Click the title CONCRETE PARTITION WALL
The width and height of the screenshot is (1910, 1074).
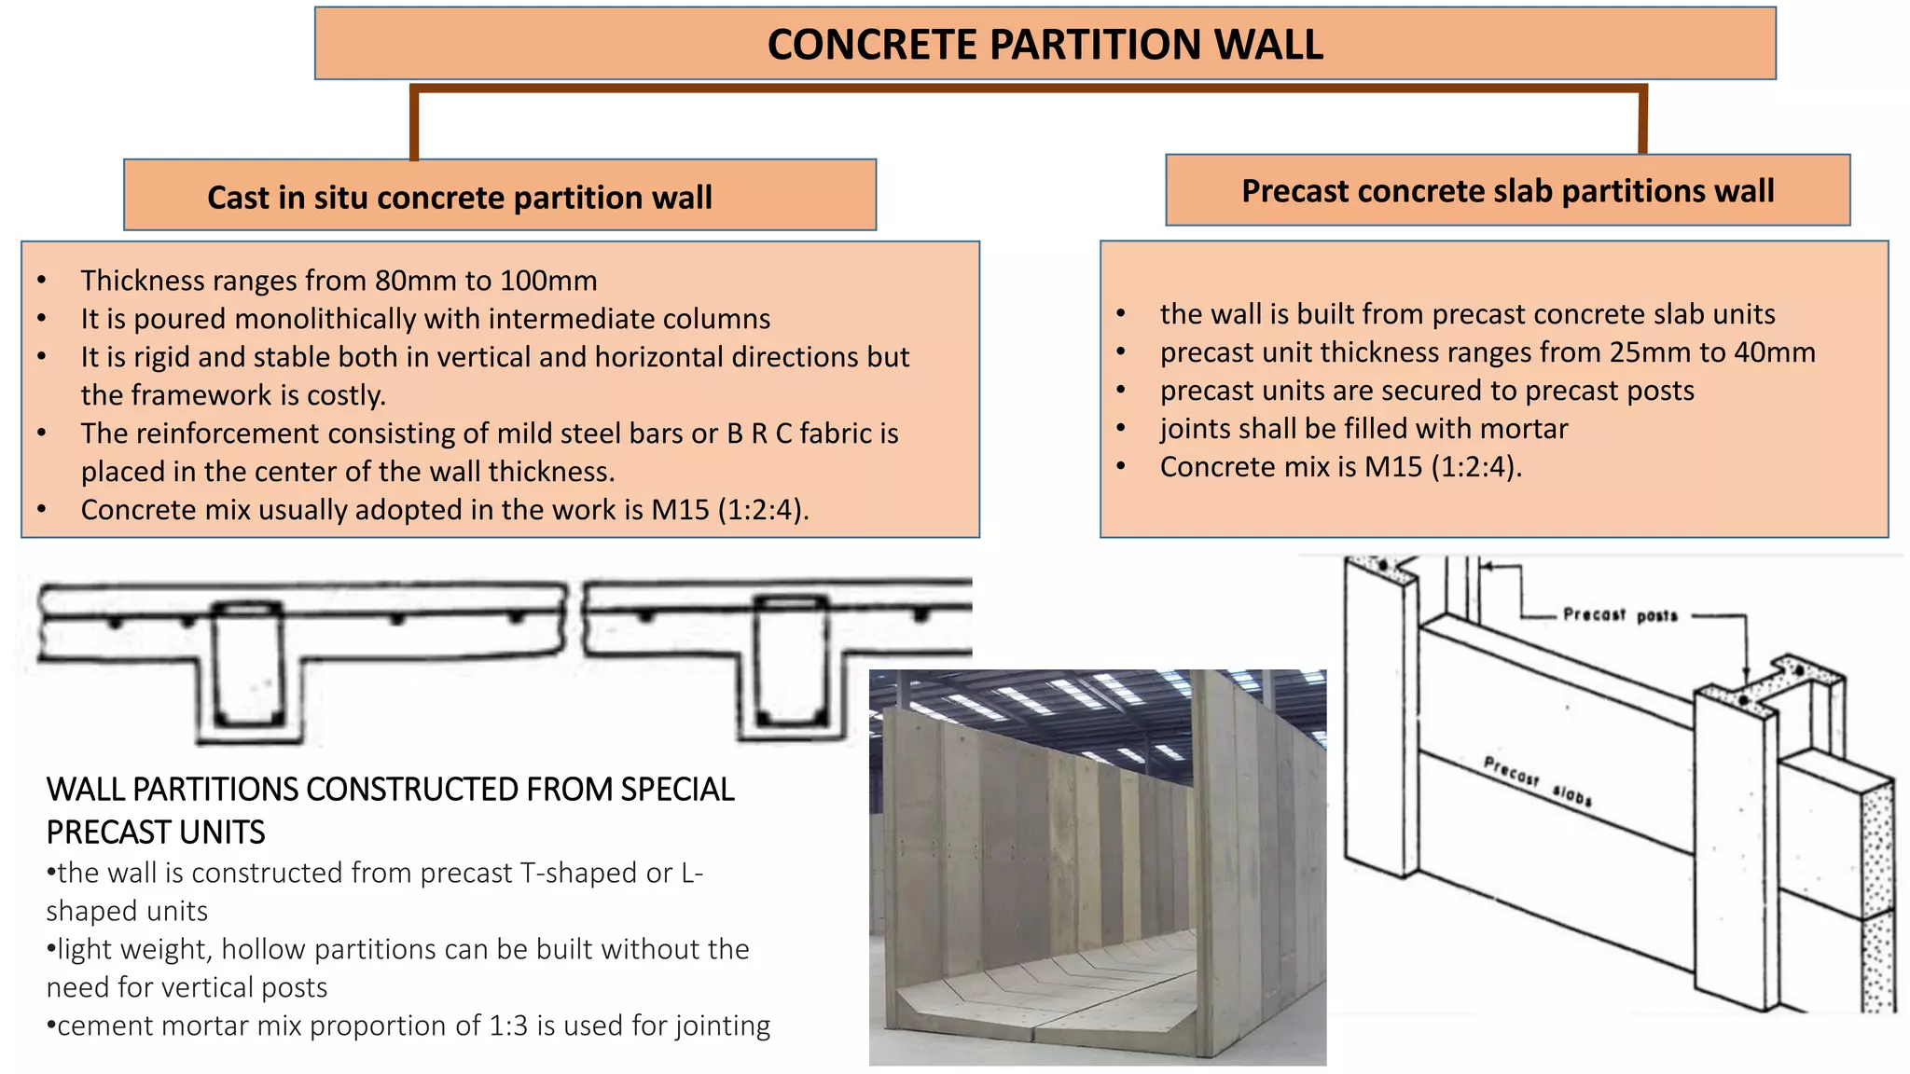(1045, 45)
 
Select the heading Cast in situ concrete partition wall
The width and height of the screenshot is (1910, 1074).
(459, 198)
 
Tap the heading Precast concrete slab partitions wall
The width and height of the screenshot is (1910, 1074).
(1507, 191)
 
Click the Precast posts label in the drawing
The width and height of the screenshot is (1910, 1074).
(1620, 615)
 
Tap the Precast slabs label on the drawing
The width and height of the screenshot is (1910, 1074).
(1537, 782)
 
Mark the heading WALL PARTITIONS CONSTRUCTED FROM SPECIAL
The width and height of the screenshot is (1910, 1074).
(390, 790)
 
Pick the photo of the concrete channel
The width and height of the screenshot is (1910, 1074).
(1097, 867)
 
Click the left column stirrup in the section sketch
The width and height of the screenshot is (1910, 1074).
(248, 664)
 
